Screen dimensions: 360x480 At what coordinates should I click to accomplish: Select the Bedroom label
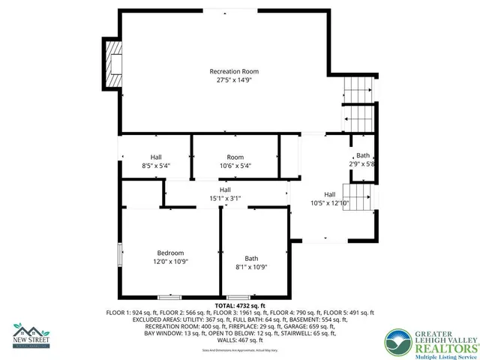170,253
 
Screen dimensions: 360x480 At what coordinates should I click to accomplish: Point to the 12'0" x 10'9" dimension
170,262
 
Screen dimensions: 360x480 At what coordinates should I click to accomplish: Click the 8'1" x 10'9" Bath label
251,262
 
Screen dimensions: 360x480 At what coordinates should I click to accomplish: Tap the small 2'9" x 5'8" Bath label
362,160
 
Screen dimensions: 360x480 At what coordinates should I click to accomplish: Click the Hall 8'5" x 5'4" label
156,161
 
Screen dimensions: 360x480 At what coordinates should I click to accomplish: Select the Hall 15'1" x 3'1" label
225,194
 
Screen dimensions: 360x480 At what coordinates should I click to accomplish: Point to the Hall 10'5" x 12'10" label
329,198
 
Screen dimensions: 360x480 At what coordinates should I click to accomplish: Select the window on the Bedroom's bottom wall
169,298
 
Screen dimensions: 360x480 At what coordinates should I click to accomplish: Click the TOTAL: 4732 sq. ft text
240,306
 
